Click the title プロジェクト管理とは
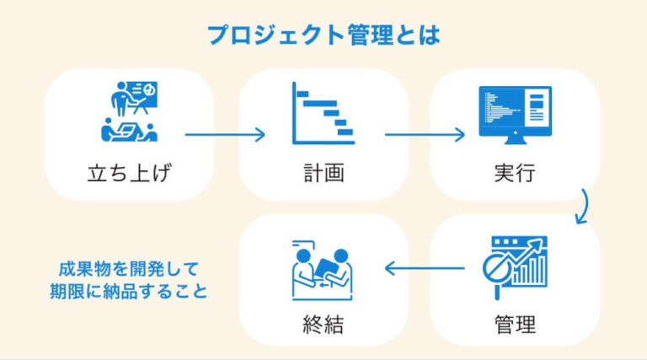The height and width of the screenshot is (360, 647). click(323, 35)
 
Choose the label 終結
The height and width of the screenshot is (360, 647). click(323, 322)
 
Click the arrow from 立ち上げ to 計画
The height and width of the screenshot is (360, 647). click(225, 134)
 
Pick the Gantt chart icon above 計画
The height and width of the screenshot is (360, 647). click(323, 113)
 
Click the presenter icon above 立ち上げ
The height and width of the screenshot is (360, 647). click(129, 111)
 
